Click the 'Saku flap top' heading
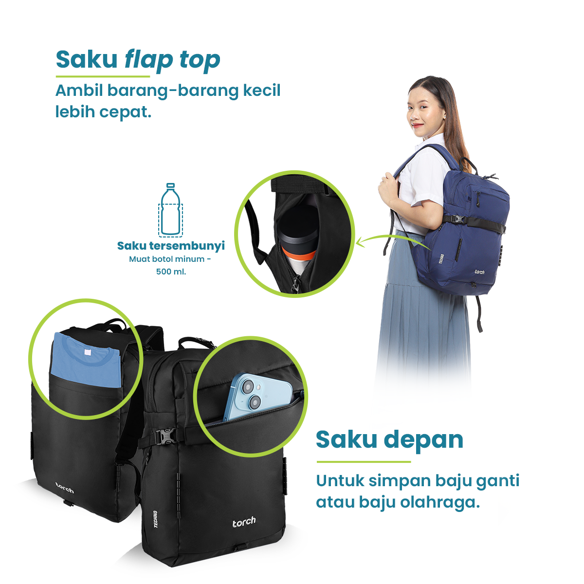click(x=138, y=60)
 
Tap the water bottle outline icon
click(x=171, y=210)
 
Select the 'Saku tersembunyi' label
click(x=171, y=246)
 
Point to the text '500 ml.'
click(x=171, y=272)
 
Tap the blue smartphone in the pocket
click(x=257, y=397)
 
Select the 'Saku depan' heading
click(x=389, y=440)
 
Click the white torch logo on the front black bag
click(x=244, y=522)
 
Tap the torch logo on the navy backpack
click(x=479, y=272)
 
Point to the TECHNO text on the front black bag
click(x=155, y=519)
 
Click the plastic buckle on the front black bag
click(x=165, y=437)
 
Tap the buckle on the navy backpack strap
click(x=458, y=219)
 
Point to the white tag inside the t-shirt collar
click(x=87, y=352)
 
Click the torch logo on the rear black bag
click(x=65, y=488)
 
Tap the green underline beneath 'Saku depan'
click(x=364, y=462)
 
